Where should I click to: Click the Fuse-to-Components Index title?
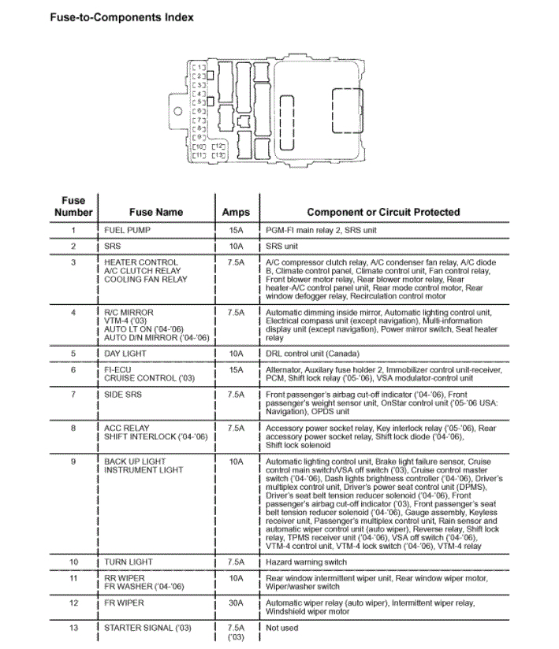point(121,17)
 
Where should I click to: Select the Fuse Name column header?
point(155,212)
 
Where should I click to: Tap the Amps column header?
point(235,212)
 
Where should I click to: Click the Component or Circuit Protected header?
point(382,212)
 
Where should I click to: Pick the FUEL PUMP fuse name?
point(127,231)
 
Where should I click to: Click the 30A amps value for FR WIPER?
point(235,603)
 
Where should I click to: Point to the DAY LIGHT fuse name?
point(126,354)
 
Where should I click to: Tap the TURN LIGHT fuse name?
point(129,562)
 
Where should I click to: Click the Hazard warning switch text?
point(306,562)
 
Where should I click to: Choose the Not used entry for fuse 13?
point(282,628)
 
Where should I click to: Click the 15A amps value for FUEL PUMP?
point(235,231)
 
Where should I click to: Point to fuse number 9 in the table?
point(73,462)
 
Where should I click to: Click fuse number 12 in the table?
point(73,603)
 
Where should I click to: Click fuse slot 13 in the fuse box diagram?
point(218,155)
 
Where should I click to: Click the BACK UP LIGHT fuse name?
point(135,462)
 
